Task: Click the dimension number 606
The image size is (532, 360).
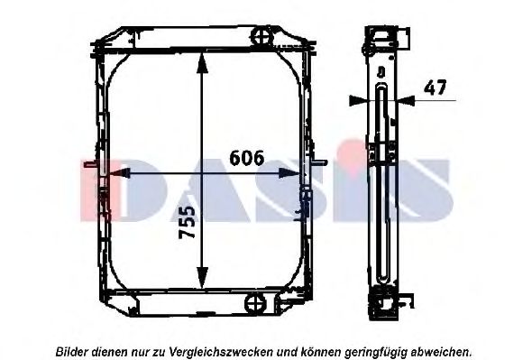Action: coord(247,158)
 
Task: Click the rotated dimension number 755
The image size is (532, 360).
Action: coord(188,222)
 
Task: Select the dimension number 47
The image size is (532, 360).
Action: coord(436,88)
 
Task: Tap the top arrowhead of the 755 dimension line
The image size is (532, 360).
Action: coord(202,63)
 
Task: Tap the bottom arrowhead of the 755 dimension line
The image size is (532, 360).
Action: coord(202,277)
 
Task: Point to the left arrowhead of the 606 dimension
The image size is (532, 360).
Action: coord(120,173)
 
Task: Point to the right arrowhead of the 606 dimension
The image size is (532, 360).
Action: coord(289,173)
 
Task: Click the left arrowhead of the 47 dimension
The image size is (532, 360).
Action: coord(358,100)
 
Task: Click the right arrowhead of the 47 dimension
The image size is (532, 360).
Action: coord(406,100)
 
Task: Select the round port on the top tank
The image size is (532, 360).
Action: coord(261,36)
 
